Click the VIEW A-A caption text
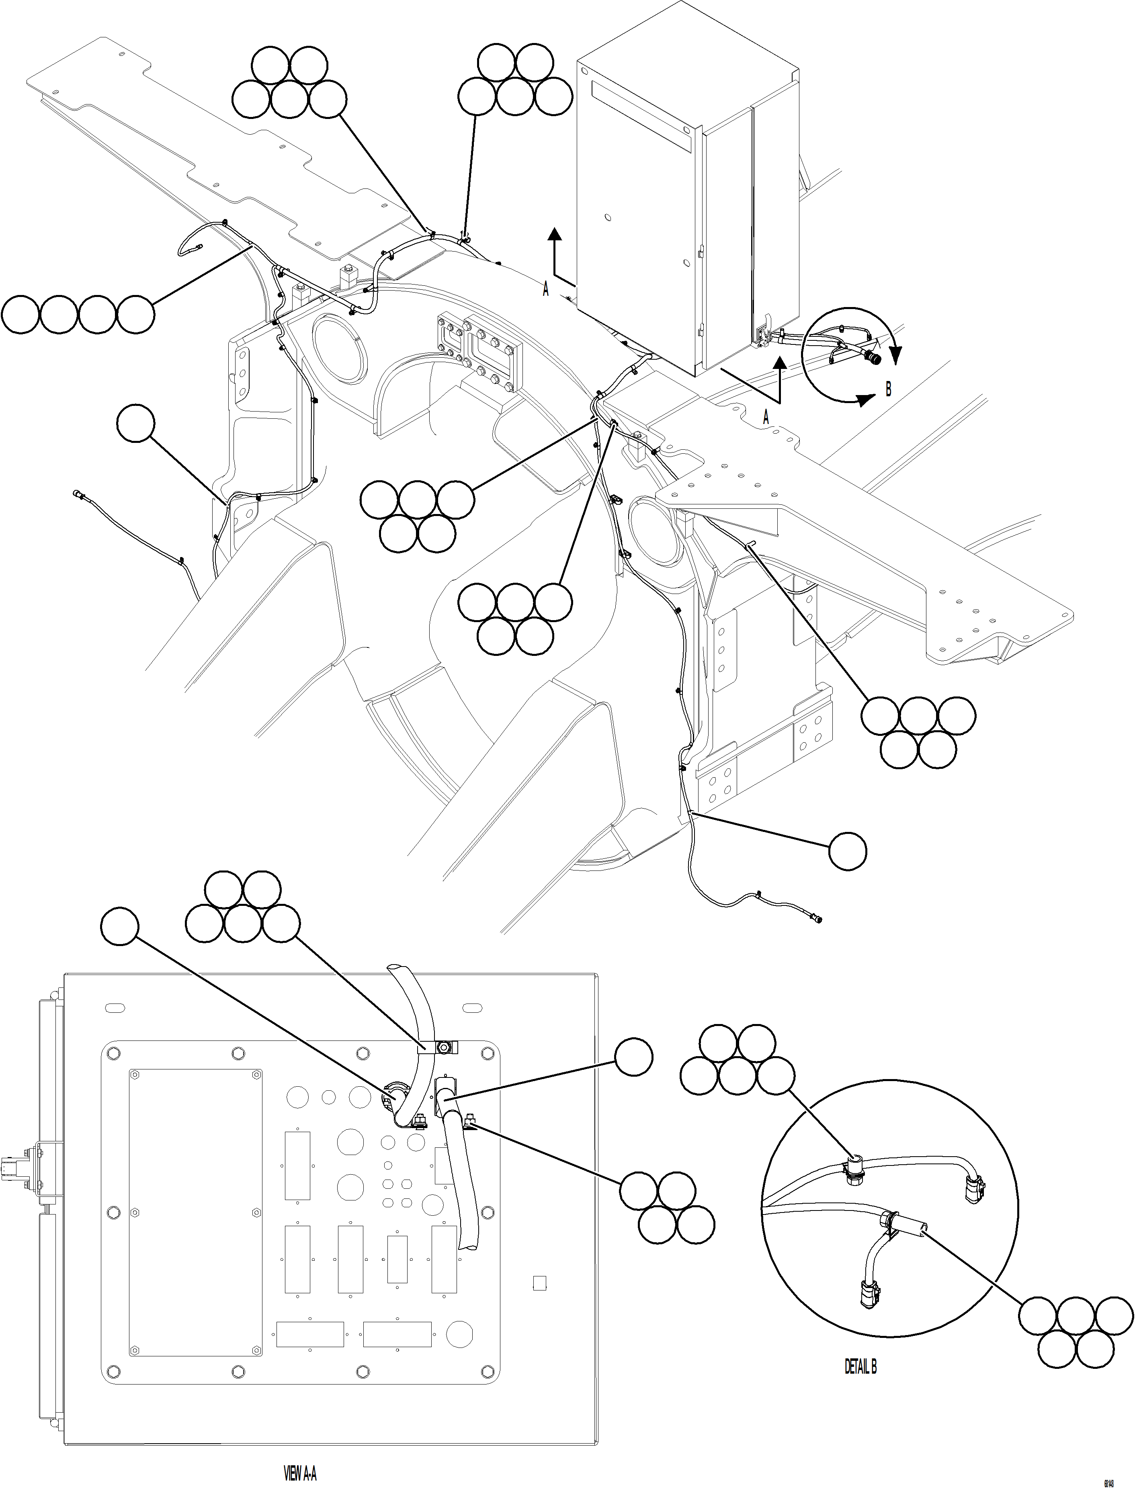pos(300,1467)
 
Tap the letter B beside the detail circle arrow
pos(888,390)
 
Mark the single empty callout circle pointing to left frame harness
pos(136,424)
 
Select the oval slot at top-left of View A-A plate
pos(115,1009)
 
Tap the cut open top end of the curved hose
pos(398,969)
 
